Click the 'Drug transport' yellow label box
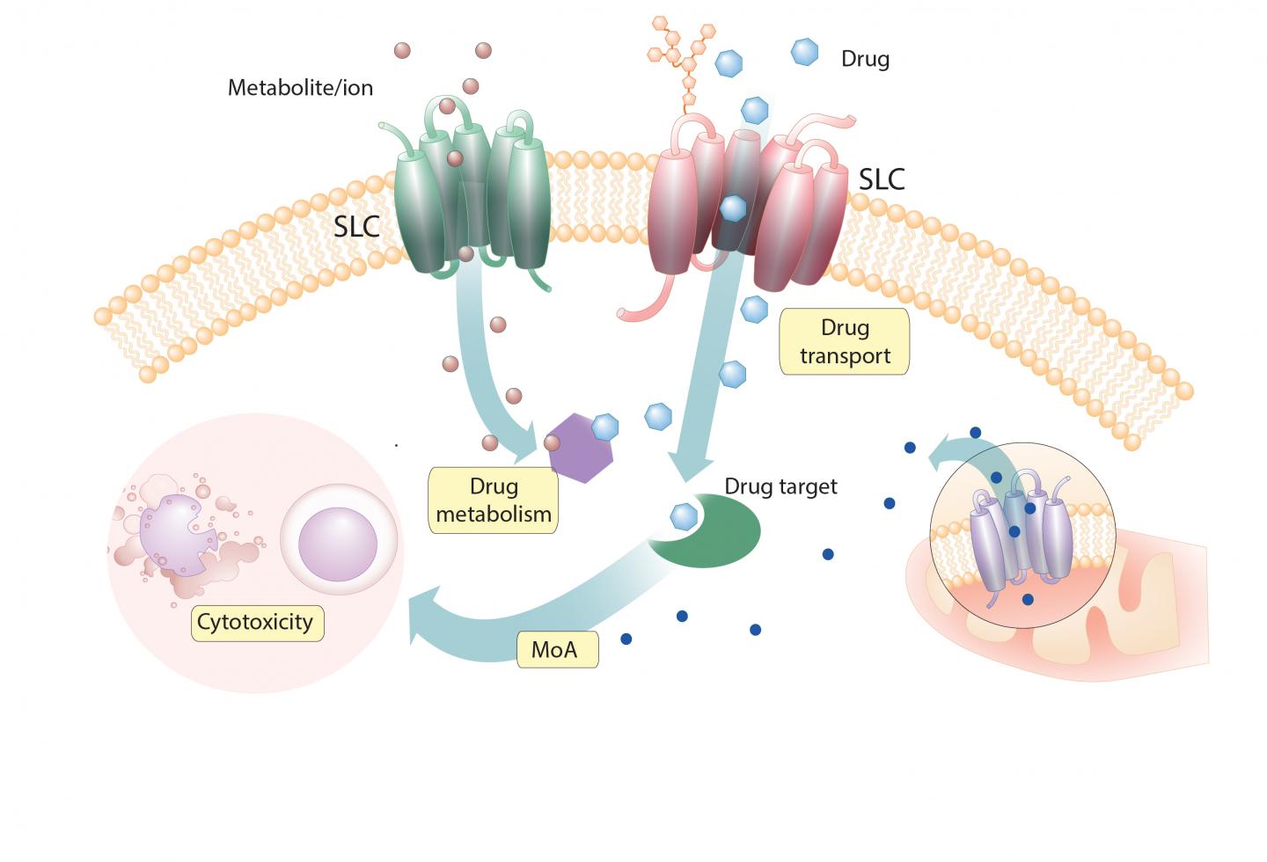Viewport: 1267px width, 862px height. [x=844, y=341]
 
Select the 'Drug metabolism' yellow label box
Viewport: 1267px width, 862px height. [x=493, y=500]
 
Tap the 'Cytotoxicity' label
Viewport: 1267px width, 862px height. [x=256, y=622]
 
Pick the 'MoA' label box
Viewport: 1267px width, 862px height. [x=556, y=650]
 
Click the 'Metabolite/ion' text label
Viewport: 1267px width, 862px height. [x=300, y=88]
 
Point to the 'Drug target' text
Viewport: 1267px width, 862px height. [x=780, y=486]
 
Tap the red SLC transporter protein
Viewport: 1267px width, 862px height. [x=748, y=207]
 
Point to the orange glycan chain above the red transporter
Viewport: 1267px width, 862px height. [x=682, y=57]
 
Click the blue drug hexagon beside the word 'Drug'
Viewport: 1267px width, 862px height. [x=804, y=53]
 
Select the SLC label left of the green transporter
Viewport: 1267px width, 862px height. [x=356, y=226]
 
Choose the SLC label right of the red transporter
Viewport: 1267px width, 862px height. [x=882, y=179]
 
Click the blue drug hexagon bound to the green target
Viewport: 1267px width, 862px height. [x=684, y=516]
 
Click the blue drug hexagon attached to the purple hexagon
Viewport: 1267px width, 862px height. [x=605, y=427]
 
